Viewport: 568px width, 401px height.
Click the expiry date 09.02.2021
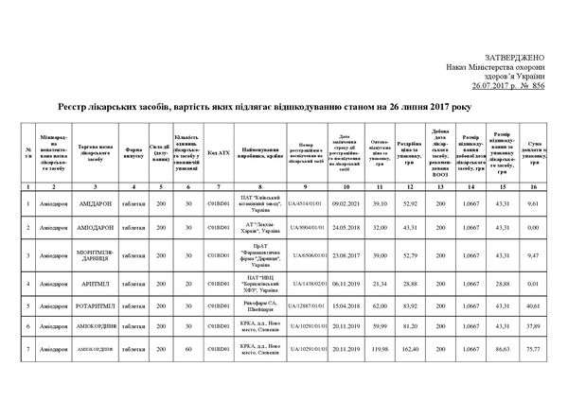pyautogui.click(x=350, y=203)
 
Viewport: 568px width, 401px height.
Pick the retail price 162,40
pyautogui.click(x=411, y=349)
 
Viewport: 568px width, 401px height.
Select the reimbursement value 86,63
pyautogui.click(x=502, y=349)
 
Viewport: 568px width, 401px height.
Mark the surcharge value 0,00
pyautogui.click(x=532, y=228)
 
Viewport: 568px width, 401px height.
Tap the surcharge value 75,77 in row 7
pyautogui.click(x=532, y=349)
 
